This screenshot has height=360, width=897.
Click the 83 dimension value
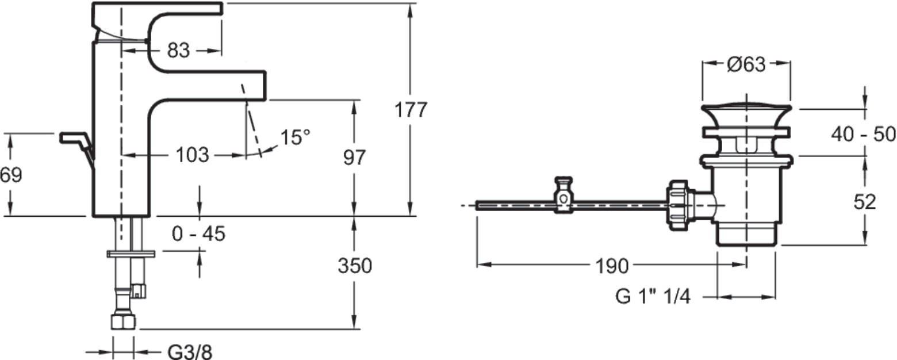pyautogui.click(x=178, y=51)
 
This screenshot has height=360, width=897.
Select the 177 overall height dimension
pyautogui.click(x=411, y=110)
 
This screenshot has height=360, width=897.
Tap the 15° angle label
pyautogui.click(x=296, y=137)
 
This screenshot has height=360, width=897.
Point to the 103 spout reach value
pyautogui.click(x=192, y=155)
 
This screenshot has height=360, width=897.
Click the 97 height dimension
pyautogui.click(x=354, y=158)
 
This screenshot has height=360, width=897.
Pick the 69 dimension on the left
pyautogui.click(x=11, y=175)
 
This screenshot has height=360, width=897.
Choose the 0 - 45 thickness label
pyautogui.click(x=198, y=233)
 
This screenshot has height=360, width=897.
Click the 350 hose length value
pyautogui.click(x=355, y=266)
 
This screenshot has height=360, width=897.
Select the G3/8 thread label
pyautogui.click(x=189, y=353)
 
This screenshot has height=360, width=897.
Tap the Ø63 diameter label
pyautogui.click(x=746, y=64)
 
